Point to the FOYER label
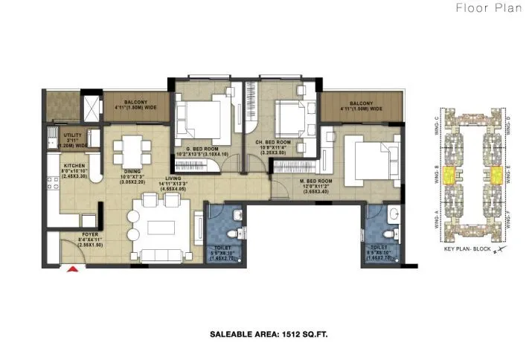(90, 237)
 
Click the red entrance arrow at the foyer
(73, 269)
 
